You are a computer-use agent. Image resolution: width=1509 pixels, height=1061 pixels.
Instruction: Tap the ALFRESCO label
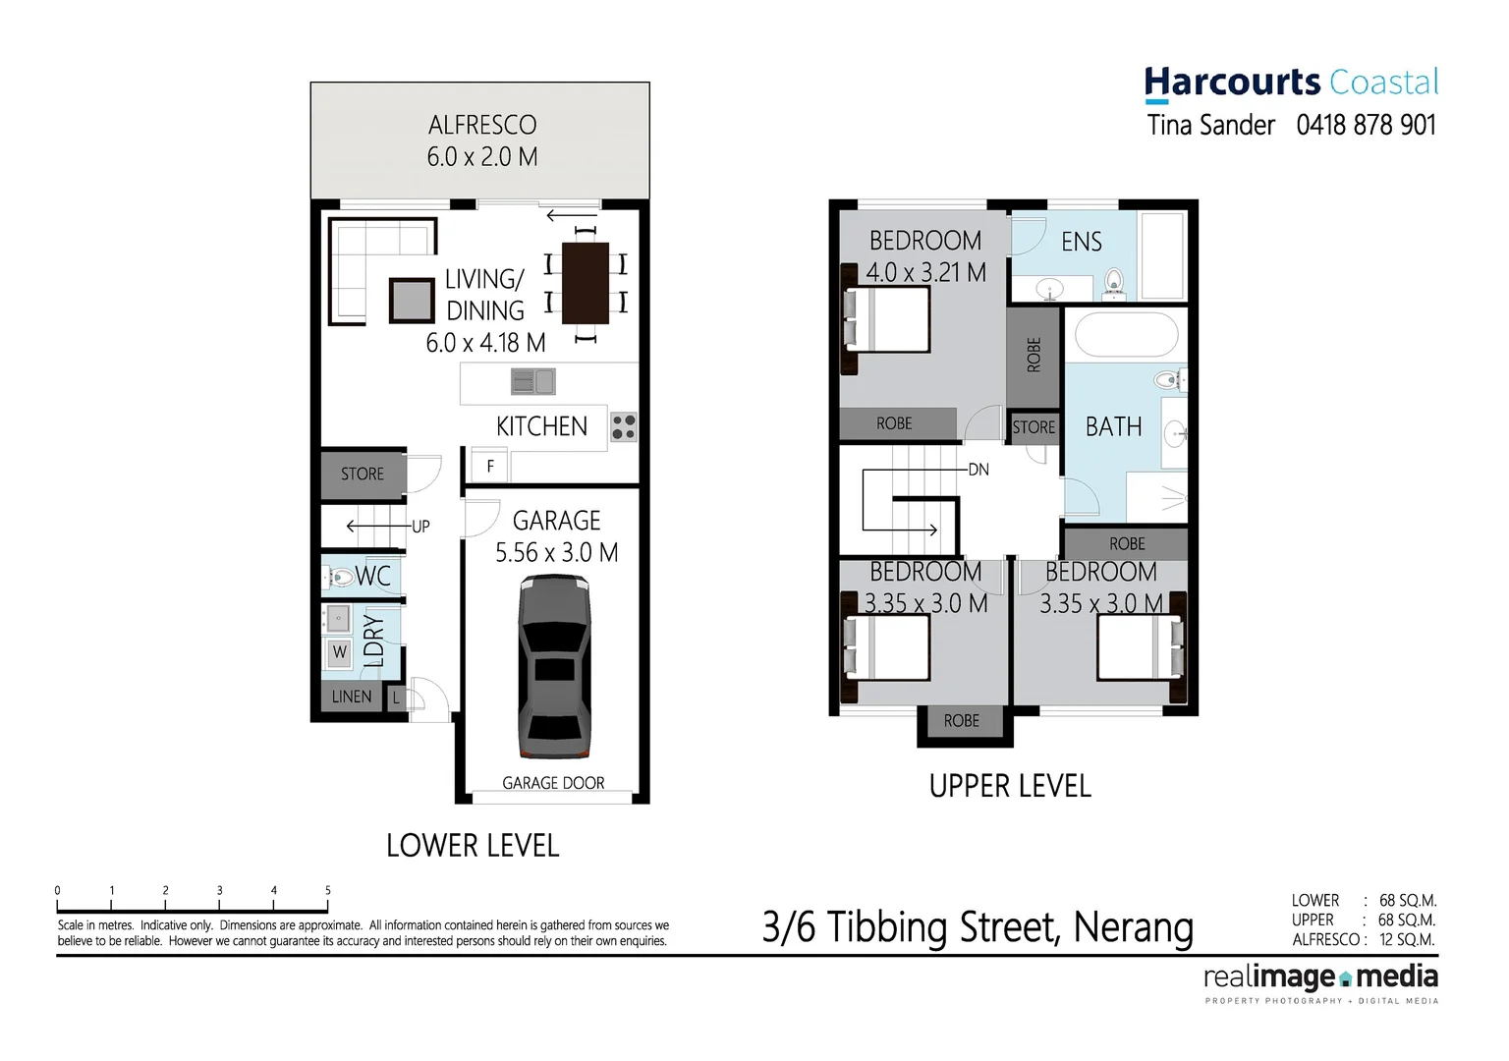click(x=482, y=126)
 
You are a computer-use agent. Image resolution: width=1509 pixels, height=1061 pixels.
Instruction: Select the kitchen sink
click(x=533, y=381)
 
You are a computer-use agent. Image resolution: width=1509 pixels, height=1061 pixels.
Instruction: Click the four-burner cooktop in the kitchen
click(x=624, y=426)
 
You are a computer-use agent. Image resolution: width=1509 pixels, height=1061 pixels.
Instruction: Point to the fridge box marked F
click(x=490, y=467)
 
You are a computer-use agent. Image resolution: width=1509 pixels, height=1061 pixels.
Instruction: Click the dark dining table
click(x=586, y=283)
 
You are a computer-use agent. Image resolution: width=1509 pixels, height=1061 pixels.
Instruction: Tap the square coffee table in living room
click(x=412, y=301)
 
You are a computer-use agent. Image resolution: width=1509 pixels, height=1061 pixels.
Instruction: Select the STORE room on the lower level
click(x=363, y=474)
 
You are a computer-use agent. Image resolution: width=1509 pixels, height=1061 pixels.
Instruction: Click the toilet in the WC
click(x=340, y=577)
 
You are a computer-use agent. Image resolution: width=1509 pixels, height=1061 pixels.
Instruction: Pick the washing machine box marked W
click(x=339, y=651)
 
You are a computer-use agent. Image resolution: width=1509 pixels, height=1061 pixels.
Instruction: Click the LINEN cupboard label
click(x=352, y=697)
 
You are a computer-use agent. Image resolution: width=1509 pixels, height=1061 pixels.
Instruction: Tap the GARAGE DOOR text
click(x=553, y=783)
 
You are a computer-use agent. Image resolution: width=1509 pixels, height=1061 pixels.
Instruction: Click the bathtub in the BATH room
click(x=1126, y=335)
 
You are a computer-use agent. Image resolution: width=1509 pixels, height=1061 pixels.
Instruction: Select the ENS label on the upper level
click(x=1081, y=242)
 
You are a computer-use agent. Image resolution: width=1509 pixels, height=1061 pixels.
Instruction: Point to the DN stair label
click(x=978, y=470)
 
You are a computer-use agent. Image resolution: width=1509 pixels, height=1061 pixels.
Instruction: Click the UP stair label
click(x=420, y=527)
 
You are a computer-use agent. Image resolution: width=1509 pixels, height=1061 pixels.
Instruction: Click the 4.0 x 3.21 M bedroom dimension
click(x=925, y=272)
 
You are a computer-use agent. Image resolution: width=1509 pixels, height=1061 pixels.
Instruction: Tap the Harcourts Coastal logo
click(x=1291, y=83)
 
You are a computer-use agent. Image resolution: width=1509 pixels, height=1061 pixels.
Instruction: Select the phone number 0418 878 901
click(x=1366, y=125)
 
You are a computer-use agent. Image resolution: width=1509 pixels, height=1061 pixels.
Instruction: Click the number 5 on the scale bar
click(x=328, y=890)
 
